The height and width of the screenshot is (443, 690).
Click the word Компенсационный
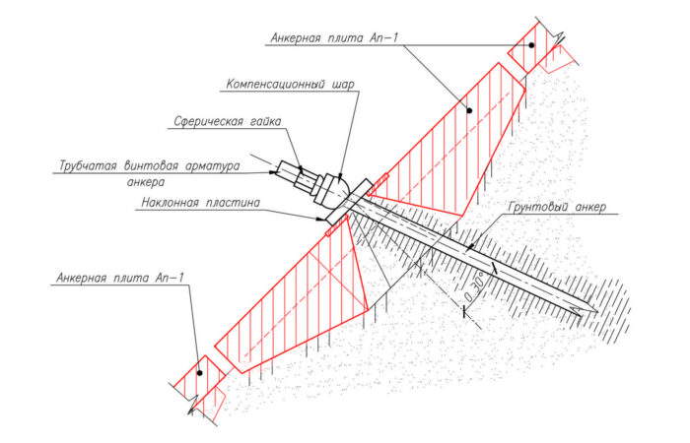pyautogui.click(x=275, y=85)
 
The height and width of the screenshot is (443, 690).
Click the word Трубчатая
pyautogui.click(x=88, y=166)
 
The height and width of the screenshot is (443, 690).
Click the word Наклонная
pyautogui.click(x=169, y=203)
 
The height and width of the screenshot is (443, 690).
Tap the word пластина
pyautogui.click(x=232, y=203)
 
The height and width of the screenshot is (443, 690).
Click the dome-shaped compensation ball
pyautogui.click(x=341, y=184)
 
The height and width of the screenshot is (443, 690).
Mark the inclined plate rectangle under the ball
pyautogui.click(x=348, y=201)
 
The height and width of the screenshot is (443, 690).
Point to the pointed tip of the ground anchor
pyautogui.click(x=597, y=312)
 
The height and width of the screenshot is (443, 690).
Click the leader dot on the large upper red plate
pyautogui.click(x=469, y=110)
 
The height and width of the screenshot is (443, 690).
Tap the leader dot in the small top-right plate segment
pyautogui.click(x=531, y=45)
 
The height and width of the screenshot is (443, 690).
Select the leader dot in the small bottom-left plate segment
pyautogui.click(x=200, y=373)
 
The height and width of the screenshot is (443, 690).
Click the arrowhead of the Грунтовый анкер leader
pyautogui.click(x=469, y=248)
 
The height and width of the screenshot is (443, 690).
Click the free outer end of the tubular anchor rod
pyautogui.click(x=280, y=166)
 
